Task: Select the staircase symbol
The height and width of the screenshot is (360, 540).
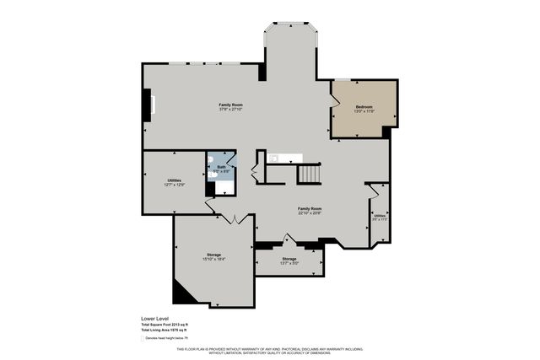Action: (x=309, y=175)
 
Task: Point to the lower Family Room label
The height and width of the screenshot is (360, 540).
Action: (x=310, y=211)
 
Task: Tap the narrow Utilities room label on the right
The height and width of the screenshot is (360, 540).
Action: (x=380, y=217)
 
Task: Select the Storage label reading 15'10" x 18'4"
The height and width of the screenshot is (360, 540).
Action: (x=214, y=257)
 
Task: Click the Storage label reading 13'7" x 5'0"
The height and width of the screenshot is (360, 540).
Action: (x=289, y=261)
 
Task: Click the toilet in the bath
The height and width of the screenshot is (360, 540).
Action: (x=212, y=160)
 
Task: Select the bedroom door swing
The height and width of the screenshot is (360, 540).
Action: (x=336, y=102)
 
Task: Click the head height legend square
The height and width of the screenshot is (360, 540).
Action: (x=142, y=337)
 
